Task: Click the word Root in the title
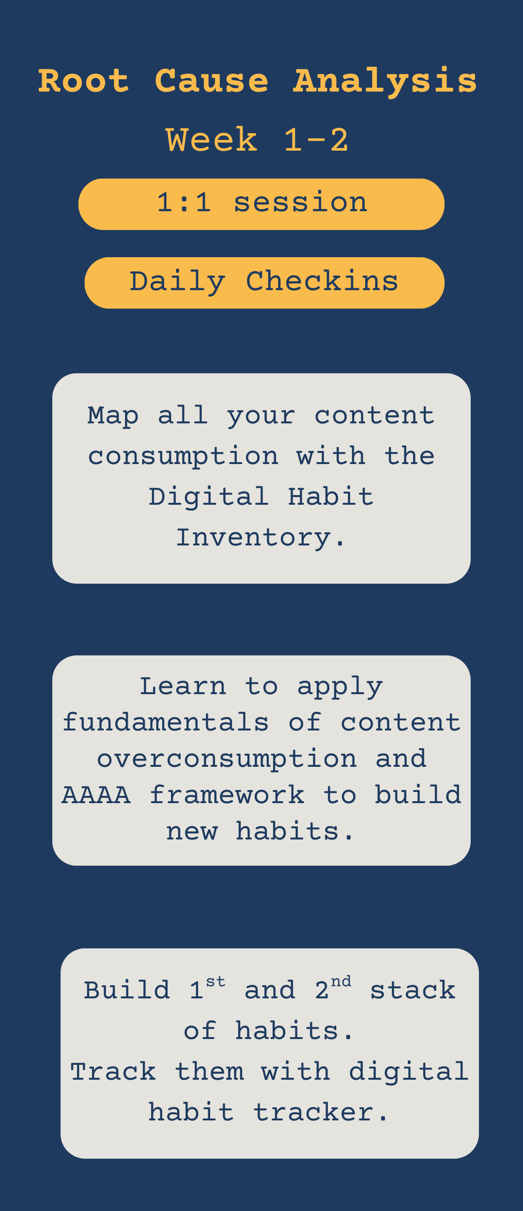tap(84, 80)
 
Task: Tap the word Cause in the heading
tap(212, 80)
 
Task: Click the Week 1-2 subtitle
tap(257, 140)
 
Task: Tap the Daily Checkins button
tap(264, 283)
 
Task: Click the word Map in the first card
tap(113, 416)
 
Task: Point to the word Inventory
tap(261, 537)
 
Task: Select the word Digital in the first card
tap(209, 497)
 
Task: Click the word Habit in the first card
tap(331, 497)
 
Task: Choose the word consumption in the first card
tap(183, 457)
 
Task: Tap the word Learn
tap(183, 686)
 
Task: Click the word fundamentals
tap(166, 722)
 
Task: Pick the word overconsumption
tap(227, 759)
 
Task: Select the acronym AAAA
tap(96, 795)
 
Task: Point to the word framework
tap(227, 795)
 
